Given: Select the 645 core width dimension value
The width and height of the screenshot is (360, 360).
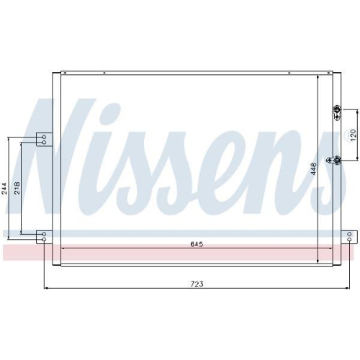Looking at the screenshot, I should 197,244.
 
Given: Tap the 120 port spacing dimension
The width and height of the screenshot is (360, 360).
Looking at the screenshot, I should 352,134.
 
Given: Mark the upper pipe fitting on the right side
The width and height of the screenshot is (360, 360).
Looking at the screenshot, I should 336,109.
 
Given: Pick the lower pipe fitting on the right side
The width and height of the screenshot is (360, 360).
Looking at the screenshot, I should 336,160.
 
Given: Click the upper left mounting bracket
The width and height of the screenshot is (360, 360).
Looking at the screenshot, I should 45,140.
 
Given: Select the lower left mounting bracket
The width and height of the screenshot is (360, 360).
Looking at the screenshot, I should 45,235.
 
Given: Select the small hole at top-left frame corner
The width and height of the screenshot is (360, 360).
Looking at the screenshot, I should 63,73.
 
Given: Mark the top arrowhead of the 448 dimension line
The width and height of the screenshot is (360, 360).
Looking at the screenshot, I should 318,74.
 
